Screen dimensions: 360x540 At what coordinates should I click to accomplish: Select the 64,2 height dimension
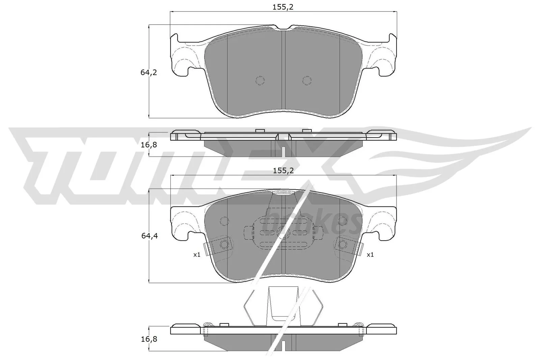(149, 72)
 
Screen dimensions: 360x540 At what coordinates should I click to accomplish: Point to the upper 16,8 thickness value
(149, 145)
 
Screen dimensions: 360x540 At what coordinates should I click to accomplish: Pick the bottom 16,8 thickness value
(149, 339)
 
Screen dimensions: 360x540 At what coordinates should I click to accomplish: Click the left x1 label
(197, 255)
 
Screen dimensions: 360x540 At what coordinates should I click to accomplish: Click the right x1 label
(370, 255)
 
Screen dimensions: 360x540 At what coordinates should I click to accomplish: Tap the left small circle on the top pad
(260, 80)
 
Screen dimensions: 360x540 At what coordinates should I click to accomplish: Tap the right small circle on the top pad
(306, 80)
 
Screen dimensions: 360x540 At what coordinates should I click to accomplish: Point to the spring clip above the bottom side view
(283, 305)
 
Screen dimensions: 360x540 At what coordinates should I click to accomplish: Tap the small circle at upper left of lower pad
(224, 221)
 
